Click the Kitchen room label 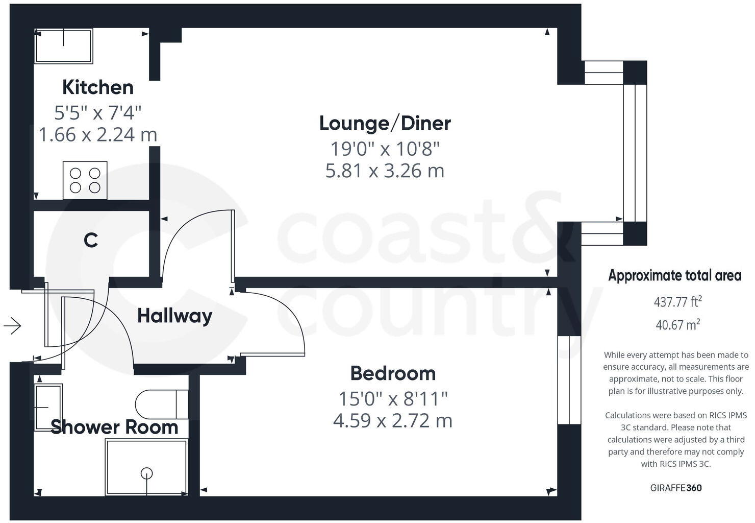pos(98,87)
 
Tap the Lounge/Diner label pos(385,123)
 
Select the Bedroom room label pos(393,373)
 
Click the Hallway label pos(174,316)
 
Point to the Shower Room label pos(114,427)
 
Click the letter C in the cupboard pos(91,240)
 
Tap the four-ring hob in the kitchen pos(85,180)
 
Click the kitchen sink pos(64,46)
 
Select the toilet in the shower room pos(161,405)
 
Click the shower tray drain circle pos(147,473)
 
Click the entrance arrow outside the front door pos(12,325)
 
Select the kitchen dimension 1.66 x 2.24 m pos(98,135)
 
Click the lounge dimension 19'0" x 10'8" pos(385,149)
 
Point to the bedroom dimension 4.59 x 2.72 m pos(393,421)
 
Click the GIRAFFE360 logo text pos(676,488)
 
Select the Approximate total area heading pos(674,276)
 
